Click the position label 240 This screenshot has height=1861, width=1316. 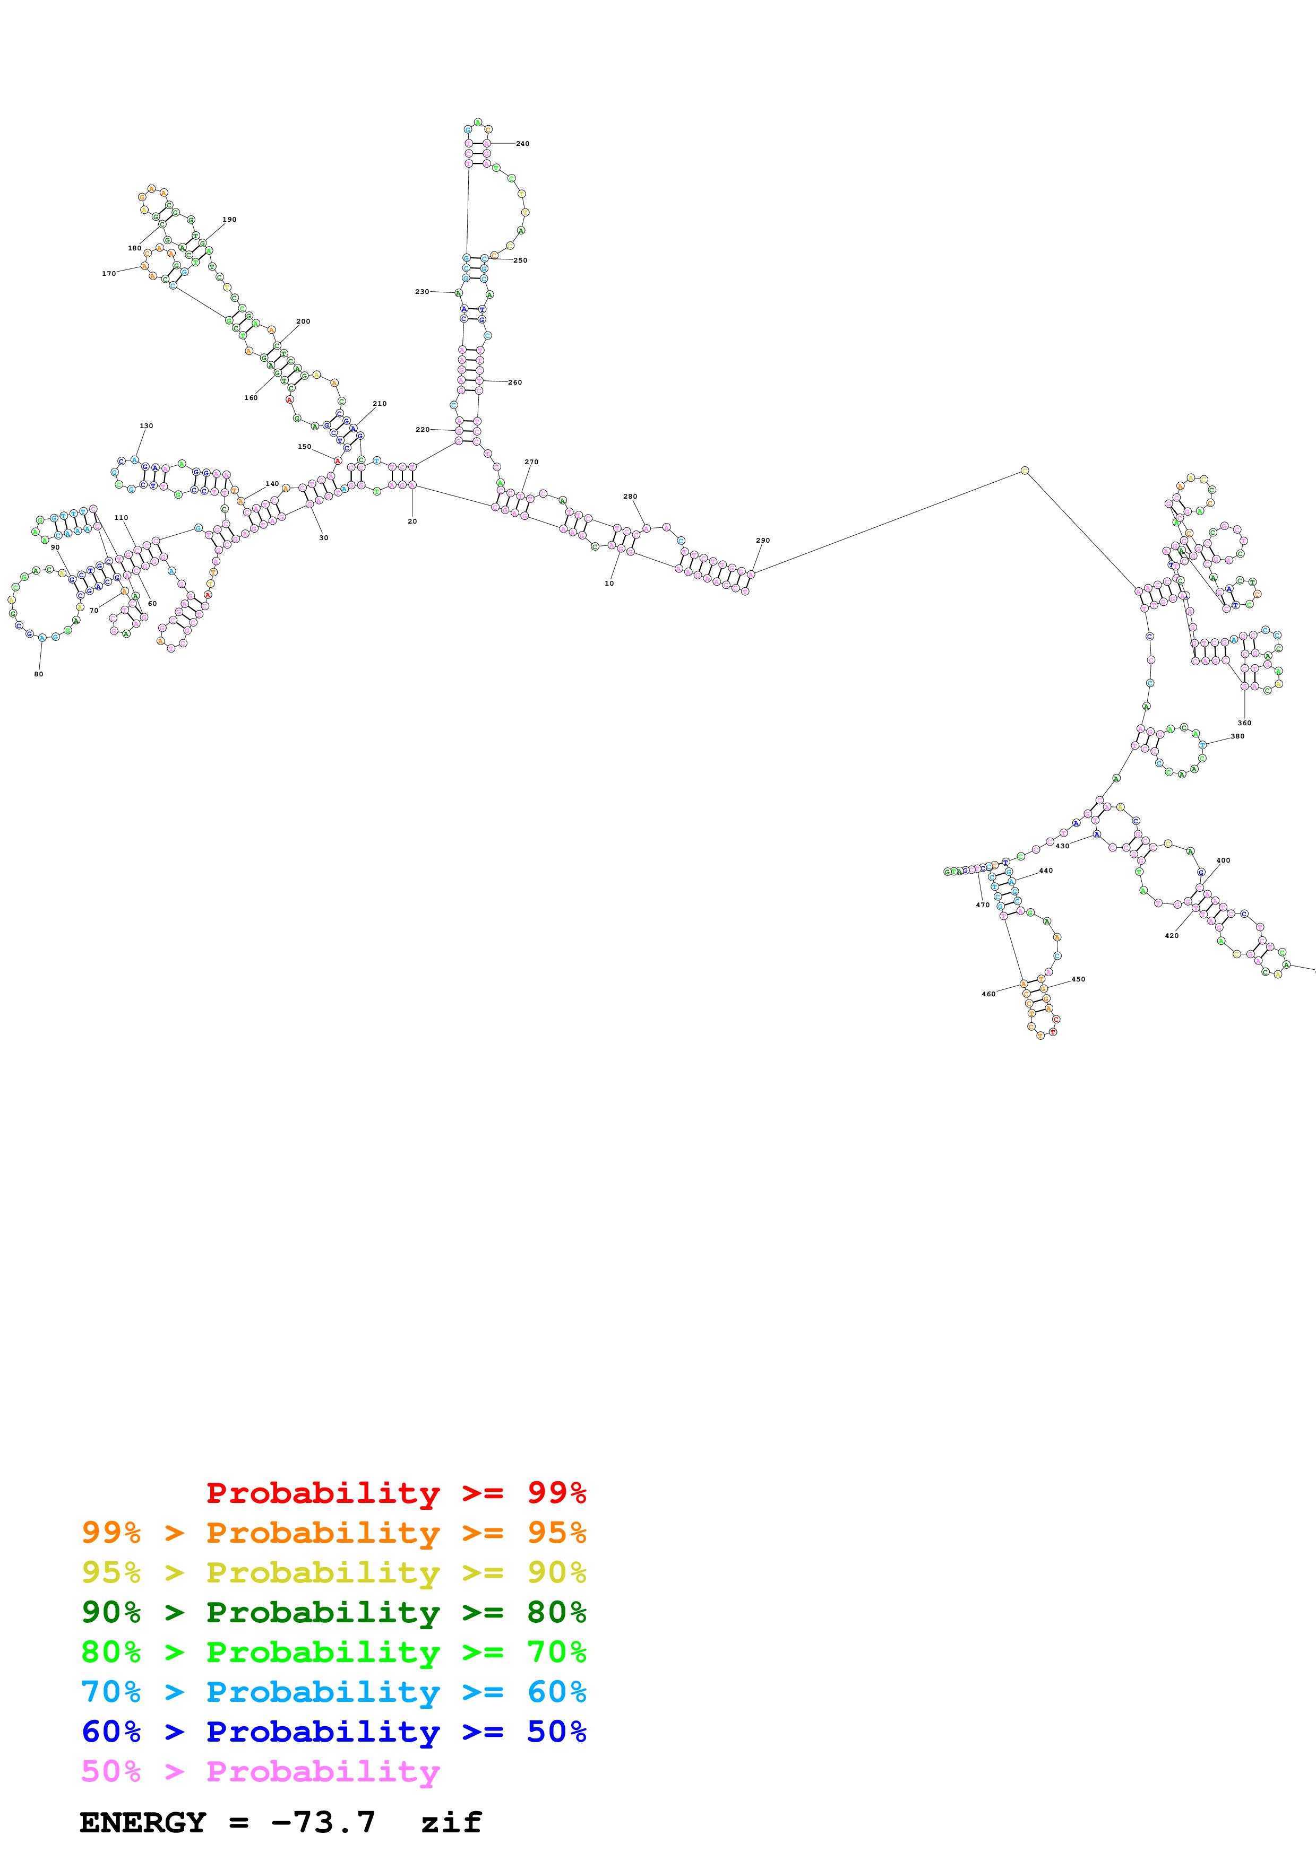click(522, 143)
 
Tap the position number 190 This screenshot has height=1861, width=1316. click(229, 220)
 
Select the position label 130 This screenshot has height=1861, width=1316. click(146, 425)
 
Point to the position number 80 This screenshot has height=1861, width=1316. click(38, 674)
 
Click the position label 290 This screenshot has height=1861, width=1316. click(763, 541)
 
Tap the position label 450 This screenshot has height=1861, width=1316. click(1078, 979)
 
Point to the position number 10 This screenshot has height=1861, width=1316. click(609, 584)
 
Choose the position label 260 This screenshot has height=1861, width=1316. click(515, 382)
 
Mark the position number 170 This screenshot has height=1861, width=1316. click(109, 274)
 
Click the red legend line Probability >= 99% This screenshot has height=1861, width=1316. click(395, 1492)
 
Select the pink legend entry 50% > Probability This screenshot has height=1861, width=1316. click(260, 1771)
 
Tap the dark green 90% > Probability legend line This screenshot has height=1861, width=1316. click(334, 1612)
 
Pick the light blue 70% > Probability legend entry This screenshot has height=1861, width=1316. click(334, 1692)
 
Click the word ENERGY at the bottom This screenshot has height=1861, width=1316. click(143, 1822)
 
